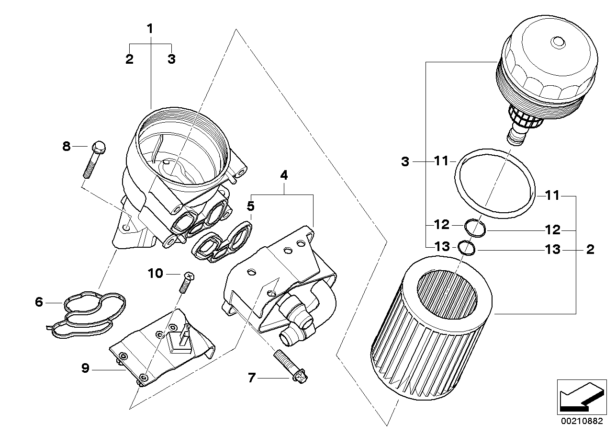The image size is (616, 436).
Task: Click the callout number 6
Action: (39, 302)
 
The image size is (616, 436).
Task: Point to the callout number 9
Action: (86, 368)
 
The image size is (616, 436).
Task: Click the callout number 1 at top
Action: (150, 29)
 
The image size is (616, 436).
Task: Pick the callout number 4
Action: (284, 175)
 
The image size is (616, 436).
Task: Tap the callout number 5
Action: (250, 207)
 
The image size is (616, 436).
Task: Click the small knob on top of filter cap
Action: (558, 42)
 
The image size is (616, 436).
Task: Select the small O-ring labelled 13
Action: (466, 248)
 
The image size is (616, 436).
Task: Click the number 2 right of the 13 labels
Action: (590, 250)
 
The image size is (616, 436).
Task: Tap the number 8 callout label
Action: (67, 146)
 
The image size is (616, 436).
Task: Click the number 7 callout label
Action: (252, 379)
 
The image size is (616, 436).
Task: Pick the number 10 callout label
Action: (155, 274)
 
